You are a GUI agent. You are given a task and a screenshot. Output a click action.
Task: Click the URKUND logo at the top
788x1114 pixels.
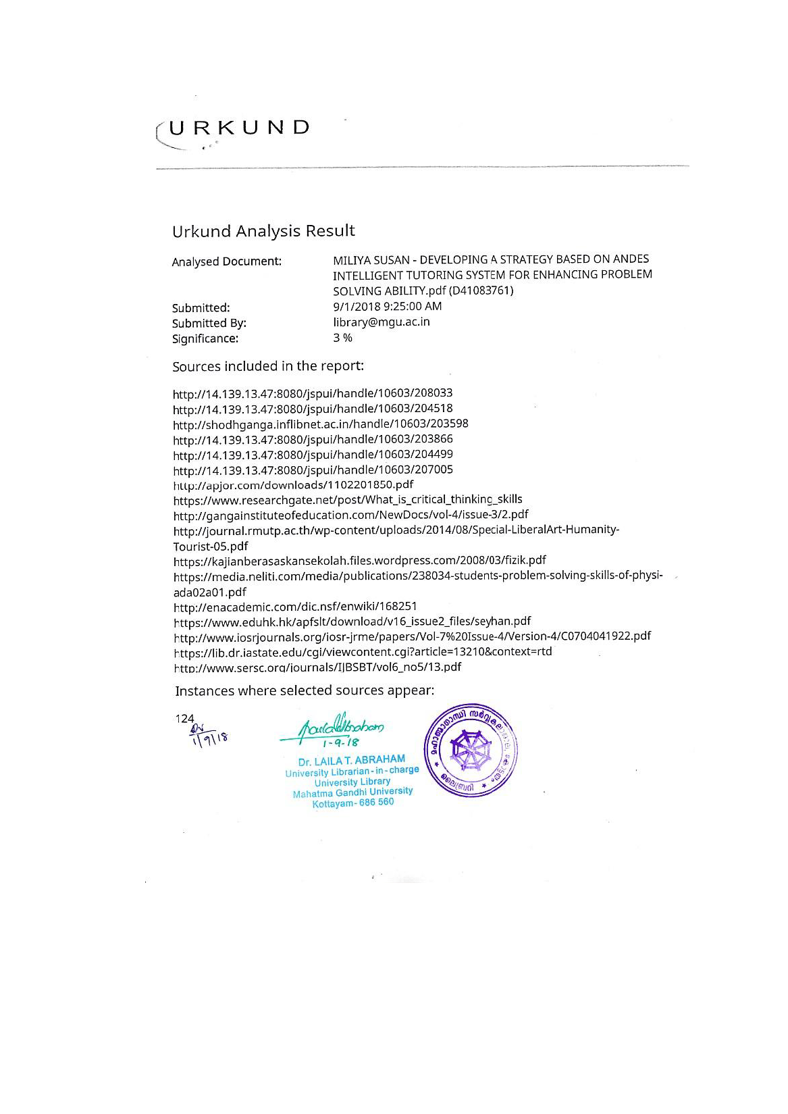[233, 129]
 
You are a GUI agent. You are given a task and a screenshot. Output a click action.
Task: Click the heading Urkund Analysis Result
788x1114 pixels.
[263, 231]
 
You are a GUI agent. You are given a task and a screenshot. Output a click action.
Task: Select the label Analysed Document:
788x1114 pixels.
[226, 261]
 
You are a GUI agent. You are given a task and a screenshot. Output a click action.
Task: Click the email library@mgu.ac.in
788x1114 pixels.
[381, 322]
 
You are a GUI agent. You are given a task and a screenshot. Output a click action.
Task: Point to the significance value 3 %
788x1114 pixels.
[342, 337]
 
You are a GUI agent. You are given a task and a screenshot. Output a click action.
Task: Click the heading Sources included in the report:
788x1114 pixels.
[267, 366]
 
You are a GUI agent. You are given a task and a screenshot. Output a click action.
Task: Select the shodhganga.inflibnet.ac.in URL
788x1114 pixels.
[320, 424]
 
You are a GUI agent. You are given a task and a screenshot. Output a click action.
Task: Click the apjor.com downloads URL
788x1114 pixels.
[293, 485]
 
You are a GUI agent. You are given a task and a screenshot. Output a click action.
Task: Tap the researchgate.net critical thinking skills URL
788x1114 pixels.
[347, 500]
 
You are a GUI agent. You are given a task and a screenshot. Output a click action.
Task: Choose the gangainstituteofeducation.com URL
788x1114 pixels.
[350, 515]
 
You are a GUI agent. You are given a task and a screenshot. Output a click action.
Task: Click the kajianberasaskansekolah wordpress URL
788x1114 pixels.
[359, 560]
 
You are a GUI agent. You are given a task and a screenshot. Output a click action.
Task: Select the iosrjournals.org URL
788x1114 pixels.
[412, 636]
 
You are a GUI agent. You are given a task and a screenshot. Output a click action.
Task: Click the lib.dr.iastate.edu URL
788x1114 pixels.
[363, 652]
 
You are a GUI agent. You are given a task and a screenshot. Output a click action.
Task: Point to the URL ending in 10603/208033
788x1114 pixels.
[313, 393]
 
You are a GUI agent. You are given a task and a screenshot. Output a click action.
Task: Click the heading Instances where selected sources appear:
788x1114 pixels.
[304, 690]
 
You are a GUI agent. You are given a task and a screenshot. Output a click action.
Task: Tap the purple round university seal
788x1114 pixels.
[471, 749]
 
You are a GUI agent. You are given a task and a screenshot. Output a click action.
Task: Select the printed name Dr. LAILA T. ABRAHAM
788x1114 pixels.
[351, 759]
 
